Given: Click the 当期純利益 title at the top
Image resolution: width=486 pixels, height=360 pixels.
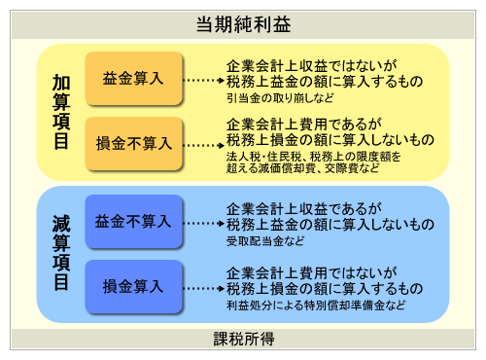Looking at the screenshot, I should pos(243,19).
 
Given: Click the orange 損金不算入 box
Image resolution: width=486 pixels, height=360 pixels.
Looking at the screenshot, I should pos(133,143).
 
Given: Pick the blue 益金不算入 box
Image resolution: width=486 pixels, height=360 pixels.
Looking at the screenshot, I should pos(133,222).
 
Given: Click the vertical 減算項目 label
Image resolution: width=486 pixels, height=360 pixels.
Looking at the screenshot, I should pos(60,254).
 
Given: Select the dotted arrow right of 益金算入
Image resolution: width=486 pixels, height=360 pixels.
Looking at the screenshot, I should pos(203,81).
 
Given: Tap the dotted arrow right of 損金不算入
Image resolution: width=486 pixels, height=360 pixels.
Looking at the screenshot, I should pos(203,144).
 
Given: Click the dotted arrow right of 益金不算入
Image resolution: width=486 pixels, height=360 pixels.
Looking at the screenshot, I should pos(203,223).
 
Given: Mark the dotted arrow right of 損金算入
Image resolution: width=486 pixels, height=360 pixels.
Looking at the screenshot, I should pos(203,288).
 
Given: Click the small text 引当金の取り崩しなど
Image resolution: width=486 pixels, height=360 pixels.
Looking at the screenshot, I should pos(282,98).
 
